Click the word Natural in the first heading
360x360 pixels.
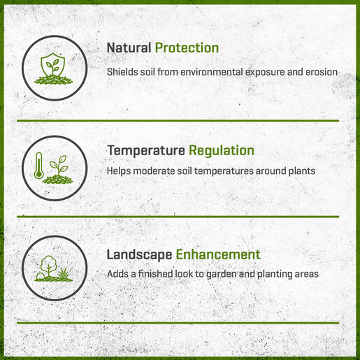tap(129, 48)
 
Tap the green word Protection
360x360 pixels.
tap(187, 48)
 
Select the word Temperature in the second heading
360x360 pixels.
tap(146, 151)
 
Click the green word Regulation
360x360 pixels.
tap(222, 151)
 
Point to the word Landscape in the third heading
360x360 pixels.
tap(139, 254)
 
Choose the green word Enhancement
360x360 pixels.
tap(218, 254)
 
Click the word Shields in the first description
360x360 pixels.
tap(122, 72)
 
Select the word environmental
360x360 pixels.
tap(212, 72)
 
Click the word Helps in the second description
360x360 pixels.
tap(119, 171)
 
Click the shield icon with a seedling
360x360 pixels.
tap(53, 64)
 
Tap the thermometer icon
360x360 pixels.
tap(38, 166)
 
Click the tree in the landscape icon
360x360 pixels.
tap(48, 266)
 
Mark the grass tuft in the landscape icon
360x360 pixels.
tap(64, 273)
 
